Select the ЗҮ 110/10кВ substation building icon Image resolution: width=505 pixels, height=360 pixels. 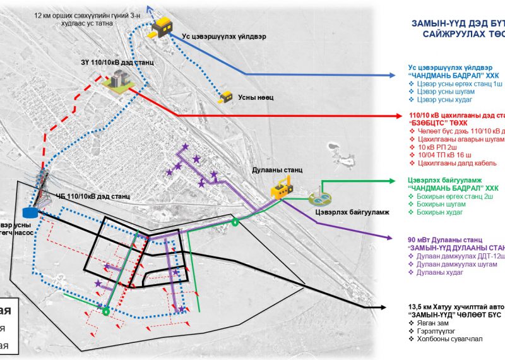pyautogui.click(x=117, y=81)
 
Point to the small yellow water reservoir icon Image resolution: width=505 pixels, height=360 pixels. pyautogui.click(x=225, y=97)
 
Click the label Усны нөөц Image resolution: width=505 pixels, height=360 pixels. pyautogui.click(x=255, y=98)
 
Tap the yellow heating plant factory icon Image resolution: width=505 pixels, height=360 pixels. pyautogui.click(x=282, y=187)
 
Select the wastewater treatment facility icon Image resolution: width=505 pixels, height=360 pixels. pyautogui.click(x=318, y=198)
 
